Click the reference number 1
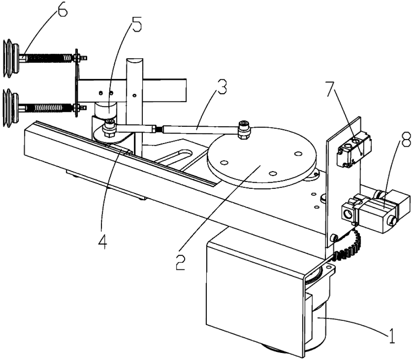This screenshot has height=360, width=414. [392, 336]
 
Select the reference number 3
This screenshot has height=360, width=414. [221, 88]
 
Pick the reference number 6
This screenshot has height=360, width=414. [62, 9]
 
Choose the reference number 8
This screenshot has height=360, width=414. [406, 140]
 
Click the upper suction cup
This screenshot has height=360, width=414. [11, 58]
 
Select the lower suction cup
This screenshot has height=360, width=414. [11, 108]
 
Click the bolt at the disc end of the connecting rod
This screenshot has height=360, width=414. [243, 129]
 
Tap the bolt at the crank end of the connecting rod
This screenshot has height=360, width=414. [109, 128]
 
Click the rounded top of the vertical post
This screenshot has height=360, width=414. [135, 63]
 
